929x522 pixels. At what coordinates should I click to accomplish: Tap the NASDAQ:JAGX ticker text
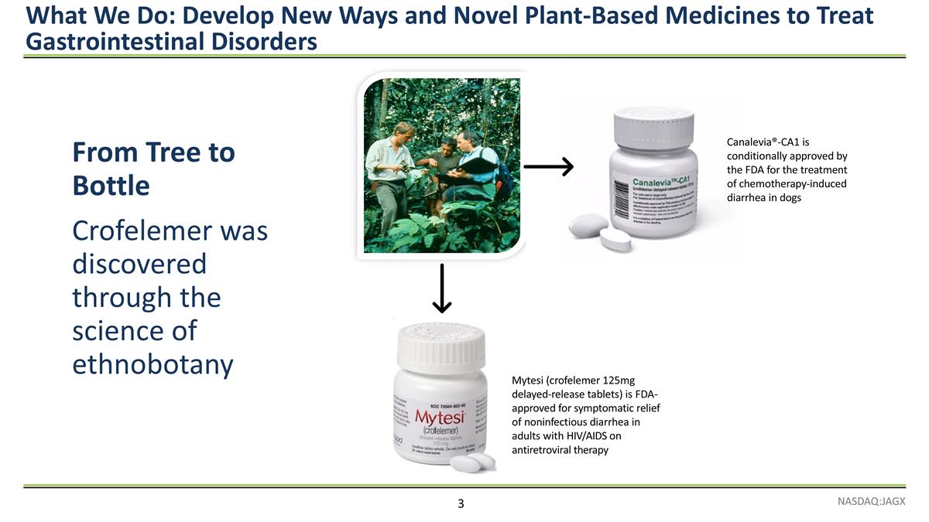pos(871,502)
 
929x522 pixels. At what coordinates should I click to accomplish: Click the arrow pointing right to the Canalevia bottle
pos(548,166)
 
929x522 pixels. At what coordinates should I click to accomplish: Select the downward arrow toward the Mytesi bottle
pos(441,288)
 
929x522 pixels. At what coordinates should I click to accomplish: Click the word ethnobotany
pos(153,364)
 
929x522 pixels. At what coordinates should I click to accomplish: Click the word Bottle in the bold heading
pos(111,186)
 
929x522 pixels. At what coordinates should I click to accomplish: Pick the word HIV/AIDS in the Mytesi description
pos(570,435)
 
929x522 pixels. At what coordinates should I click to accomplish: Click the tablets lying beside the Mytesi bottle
pos(472,463)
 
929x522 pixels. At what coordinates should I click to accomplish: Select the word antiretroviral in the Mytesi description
pos(545,449)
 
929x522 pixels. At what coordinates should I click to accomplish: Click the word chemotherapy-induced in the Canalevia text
pos(797,183)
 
